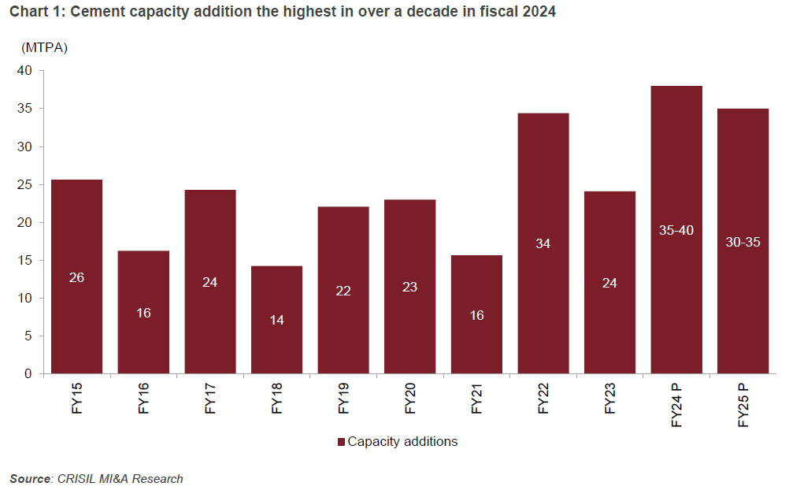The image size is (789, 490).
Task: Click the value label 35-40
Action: [x=676, y=230]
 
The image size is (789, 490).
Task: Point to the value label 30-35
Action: [x=743, y=242]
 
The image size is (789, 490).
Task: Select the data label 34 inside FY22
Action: [x=543, y=243]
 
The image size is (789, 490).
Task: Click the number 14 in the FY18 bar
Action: [x=276, y=320]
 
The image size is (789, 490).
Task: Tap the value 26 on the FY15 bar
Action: [x=76, y=277]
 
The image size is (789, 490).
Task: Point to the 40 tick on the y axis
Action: [x=24, y=71]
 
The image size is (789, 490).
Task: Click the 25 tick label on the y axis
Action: [x=24, y=185]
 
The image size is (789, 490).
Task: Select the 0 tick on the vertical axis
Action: [x=28, y=374]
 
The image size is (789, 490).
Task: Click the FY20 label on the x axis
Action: [x=409, y=400]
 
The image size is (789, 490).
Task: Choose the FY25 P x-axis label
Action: [x=743, y=405]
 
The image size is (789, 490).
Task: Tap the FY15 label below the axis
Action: [x=76, y=400]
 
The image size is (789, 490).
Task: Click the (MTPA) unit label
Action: [x=45, y=48]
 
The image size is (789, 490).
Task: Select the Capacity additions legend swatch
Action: [x=341, y=442]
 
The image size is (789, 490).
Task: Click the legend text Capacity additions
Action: [x=402, y=442]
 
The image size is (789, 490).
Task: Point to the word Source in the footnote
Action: [x=30, y=478]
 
